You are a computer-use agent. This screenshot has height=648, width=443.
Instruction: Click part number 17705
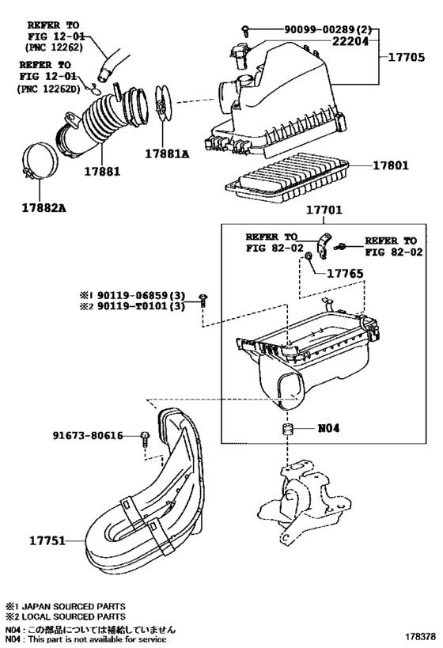(x=406, y=57)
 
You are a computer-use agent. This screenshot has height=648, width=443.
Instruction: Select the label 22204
(x=350, y=41)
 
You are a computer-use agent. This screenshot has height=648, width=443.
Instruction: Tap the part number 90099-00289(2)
(x=328, y=30)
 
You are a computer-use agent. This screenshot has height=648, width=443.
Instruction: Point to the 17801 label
(x=391, y=165)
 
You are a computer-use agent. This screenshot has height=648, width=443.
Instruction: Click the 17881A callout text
(x=167, y=153)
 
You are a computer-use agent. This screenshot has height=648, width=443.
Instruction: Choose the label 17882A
(x=44, y=207)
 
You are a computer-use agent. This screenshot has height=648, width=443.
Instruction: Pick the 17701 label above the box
(x=324, y=210)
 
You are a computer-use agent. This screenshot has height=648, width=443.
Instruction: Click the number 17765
(x=345, y=274)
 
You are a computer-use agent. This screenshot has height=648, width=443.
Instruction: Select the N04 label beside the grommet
(x=328, y=428)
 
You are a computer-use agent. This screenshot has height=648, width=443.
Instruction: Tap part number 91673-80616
(x=88, y=435)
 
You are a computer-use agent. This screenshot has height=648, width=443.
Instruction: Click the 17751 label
(x=47, y=540)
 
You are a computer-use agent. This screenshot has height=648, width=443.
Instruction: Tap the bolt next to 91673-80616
(x=145, y=438)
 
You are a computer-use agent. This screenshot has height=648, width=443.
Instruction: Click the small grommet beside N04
(x=287, y=429)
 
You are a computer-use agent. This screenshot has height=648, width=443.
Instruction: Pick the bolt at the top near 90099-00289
(x=246, y=30)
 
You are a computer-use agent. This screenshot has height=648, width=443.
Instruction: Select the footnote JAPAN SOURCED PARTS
(x=66, y=606)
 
